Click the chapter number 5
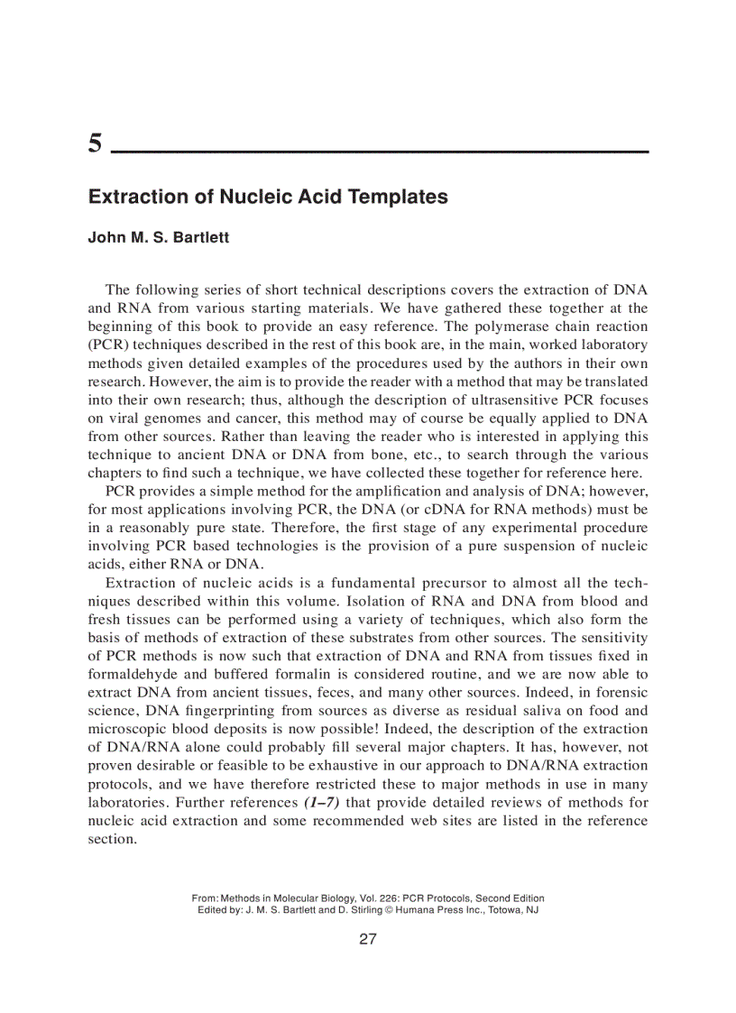95,143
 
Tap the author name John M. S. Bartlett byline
158,238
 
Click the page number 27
367,939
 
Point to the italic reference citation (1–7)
323,803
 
